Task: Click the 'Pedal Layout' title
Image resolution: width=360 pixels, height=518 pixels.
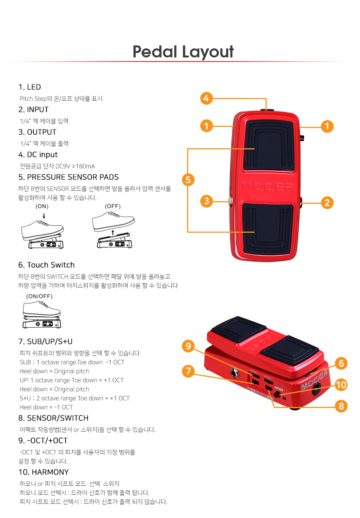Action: [183, 52]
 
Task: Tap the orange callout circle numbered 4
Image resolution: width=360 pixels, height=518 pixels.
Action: [206, 98]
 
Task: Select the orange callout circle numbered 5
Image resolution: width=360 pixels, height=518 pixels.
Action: [188, 180]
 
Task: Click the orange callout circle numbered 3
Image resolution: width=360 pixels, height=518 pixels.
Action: [207, 201]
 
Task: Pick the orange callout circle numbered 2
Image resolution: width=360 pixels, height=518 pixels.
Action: [327, 203]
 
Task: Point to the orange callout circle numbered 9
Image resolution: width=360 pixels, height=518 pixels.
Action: [188, 346]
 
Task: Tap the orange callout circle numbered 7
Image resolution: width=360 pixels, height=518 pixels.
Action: [188, 371]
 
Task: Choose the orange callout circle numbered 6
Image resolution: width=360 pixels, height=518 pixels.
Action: [341, 363]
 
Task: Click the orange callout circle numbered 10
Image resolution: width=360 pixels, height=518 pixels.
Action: [341, 385]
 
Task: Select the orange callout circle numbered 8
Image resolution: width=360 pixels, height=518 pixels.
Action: [341, 406]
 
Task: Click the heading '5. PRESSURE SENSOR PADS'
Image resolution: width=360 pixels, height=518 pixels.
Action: [69, 177]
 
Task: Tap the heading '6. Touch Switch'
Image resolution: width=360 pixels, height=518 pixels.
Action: [46, 265]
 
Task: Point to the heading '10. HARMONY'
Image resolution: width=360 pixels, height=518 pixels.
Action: [43, 472]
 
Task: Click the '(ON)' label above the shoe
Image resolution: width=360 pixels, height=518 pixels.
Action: [42, 206]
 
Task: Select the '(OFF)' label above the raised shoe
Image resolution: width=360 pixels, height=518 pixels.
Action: [112, 206]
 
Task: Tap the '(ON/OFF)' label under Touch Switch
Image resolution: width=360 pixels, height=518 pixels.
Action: [39, 296]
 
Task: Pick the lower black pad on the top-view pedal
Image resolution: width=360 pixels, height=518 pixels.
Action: [268, 229]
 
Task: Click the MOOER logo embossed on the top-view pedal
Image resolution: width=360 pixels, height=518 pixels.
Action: [268, 187]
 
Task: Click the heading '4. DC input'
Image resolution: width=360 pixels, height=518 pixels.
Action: [38, 155]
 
